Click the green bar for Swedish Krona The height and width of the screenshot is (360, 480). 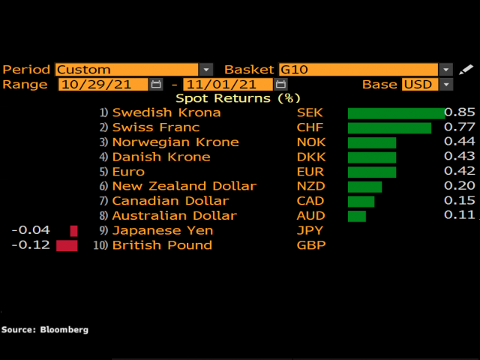[x=396, y=113]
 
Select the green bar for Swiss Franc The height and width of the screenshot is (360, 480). [x=389, y=127]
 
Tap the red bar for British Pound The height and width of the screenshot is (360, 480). [x=67, y=246]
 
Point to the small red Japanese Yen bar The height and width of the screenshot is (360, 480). [x=73, y=231]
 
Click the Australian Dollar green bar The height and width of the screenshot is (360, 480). [x=356, y=216]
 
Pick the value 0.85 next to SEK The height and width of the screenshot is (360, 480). [x=459, y=112]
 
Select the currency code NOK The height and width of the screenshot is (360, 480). [x=311, y=142]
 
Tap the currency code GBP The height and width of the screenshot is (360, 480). [x=311, y=245]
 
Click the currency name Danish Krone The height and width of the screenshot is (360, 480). [x=161, y=157]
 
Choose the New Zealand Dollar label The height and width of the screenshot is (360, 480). [x=184, y=187]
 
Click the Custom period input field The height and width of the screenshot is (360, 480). [x=127, y=70]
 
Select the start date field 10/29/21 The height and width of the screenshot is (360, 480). [x=103, y=85]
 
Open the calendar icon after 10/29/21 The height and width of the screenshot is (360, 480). [x=156, y=85]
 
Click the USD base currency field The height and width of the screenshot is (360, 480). [x=418, y=85]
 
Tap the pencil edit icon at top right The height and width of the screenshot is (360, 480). [x=466, y=70]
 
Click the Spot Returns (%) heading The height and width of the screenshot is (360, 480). [x=238, y=98]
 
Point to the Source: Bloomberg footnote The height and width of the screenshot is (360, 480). [x=45, y=329]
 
